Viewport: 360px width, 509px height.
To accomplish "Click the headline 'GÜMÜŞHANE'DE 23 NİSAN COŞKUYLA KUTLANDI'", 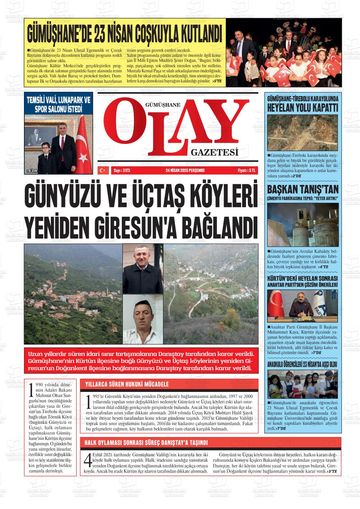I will (x=125, y=33).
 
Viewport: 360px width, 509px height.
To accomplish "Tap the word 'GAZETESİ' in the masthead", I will (x=214, y=153).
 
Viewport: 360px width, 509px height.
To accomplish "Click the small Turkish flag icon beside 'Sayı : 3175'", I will (x=102, y=170).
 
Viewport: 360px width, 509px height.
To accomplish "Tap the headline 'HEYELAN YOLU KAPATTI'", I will (x=303, y=107).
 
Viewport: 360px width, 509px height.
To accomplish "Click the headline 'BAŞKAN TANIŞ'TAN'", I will (x=303, y=189).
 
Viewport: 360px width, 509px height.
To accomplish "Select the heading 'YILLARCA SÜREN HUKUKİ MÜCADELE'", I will (x=127, y=384).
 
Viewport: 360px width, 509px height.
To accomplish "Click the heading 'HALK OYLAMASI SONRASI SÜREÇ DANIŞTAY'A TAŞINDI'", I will (x=146, y=443).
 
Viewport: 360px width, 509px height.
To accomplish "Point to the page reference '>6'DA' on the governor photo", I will (x=32, y=171).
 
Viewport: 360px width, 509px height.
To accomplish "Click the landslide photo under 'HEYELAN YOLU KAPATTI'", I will (x=303, y=133).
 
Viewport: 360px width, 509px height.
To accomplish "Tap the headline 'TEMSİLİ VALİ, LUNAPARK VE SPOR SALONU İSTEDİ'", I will (x=59, y=105).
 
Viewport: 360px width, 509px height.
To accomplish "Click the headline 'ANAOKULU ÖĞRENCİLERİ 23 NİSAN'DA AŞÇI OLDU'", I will (x=303, y=364).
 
